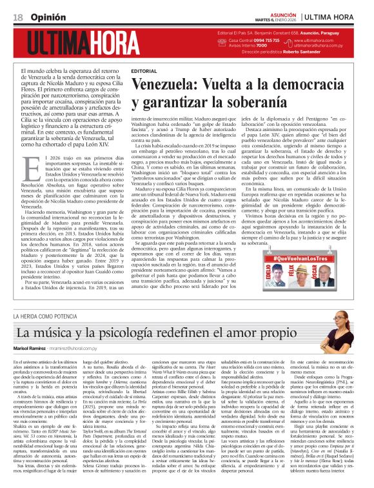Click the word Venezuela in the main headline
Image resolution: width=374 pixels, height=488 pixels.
pyautogui.click(x=165, y=83)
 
